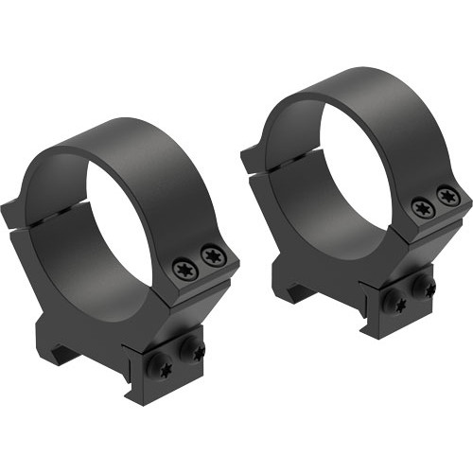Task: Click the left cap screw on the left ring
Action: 185,270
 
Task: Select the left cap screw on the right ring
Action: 422,207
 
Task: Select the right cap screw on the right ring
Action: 447,197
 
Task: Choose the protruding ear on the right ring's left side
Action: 252,151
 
